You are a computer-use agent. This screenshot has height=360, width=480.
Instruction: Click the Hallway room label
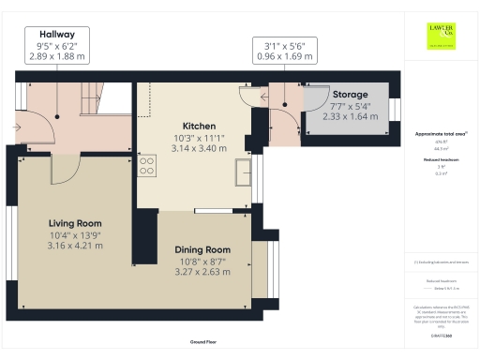56,33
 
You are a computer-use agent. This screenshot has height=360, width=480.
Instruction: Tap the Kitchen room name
198,126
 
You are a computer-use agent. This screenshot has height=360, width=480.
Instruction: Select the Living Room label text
75,222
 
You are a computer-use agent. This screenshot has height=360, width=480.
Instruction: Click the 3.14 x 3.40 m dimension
198,148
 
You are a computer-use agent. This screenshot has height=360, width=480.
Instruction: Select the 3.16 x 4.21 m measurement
75,246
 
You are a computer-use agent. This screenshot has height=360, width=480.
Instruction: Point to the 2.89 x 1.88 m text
56,56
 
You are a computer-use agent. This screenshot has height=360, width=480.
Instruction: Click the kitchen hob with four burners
147,166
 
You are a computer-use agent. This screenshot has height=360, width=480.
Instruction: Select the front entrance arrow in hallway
19,122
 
